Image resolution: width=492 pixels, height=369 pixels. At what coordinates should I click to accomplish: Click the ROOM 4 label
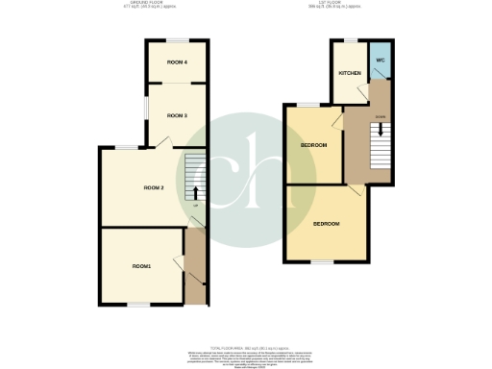[176, 62]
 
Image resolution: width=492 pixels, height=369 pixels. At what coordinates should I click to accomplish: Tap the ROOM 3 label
[176, 115]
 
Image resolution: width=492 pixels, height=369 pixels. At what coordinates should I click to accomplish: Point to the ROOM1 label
[142, 265]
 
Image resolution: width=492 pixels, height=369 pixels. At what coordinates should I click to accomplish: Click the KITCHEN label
[348, 73]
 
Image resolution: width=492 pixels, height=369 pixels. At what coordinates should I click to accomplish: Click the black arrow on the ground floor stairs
[196, 190]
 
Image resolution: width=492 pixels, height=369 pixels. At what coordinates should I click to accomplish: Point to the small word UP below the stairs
[196, 205]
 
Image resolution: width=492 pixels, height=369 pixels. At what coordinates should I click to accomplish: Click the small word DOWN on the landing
[381, 116]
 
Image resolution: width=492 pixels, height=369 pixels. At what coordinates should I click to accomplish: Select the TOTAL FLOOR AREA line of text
[246, 347]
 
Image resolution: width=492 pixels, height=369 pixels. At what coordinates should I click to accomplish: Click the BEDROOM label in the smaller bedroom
[314, 145]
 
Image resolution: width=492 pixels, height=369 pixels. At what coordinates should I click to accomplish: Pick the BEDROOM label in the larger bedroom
[326, 223]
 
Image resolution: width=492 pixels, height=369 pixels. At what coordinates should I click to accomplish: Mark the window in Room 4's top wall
[176, 40]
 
